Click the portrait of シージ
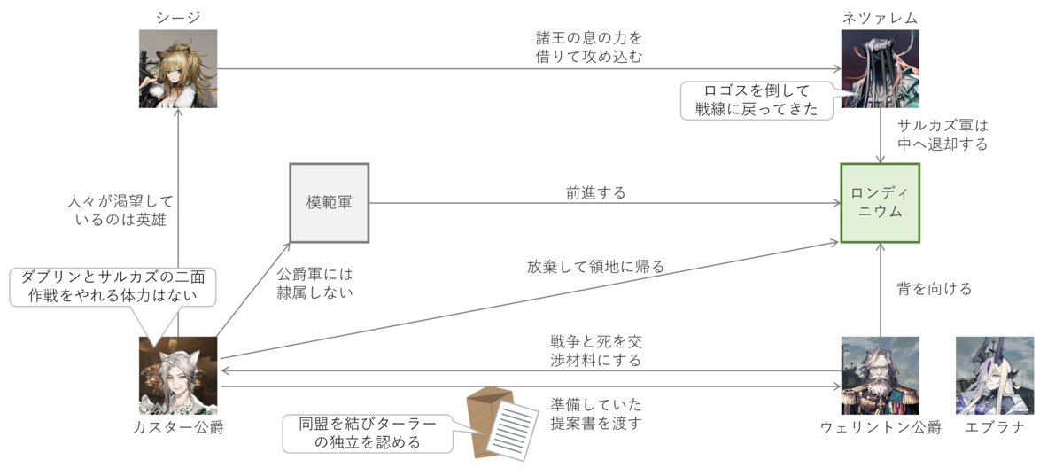[x=178, y=69]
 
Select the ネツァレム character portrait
[x=881, y=69]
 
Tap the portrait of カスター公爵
[x=178, y=375]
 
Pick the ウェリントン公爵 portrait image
[x=881, y=375]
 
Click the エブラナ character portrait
[x=995, y=375]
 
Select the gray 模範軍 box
[x=329, y=203]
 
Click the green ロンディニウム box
[x=881, y=202]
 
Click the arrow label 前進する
[x=595, y=192]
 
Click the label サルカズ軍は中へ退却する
[x=942, y=134]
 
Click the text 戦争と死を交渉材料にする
[x=595, y=351]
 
